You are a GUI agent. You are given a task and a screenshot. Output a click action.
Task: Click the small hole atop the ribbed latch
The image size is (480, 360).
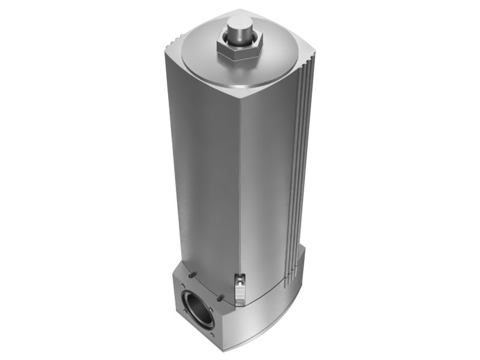point(241,278)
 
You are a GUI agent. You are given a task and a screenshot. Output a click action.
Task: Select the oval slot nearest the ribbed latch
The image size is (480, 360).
point(222,296)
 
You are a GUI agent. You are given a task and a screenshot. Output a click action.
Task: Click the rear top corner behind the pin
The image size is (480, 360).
point(240,11)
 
